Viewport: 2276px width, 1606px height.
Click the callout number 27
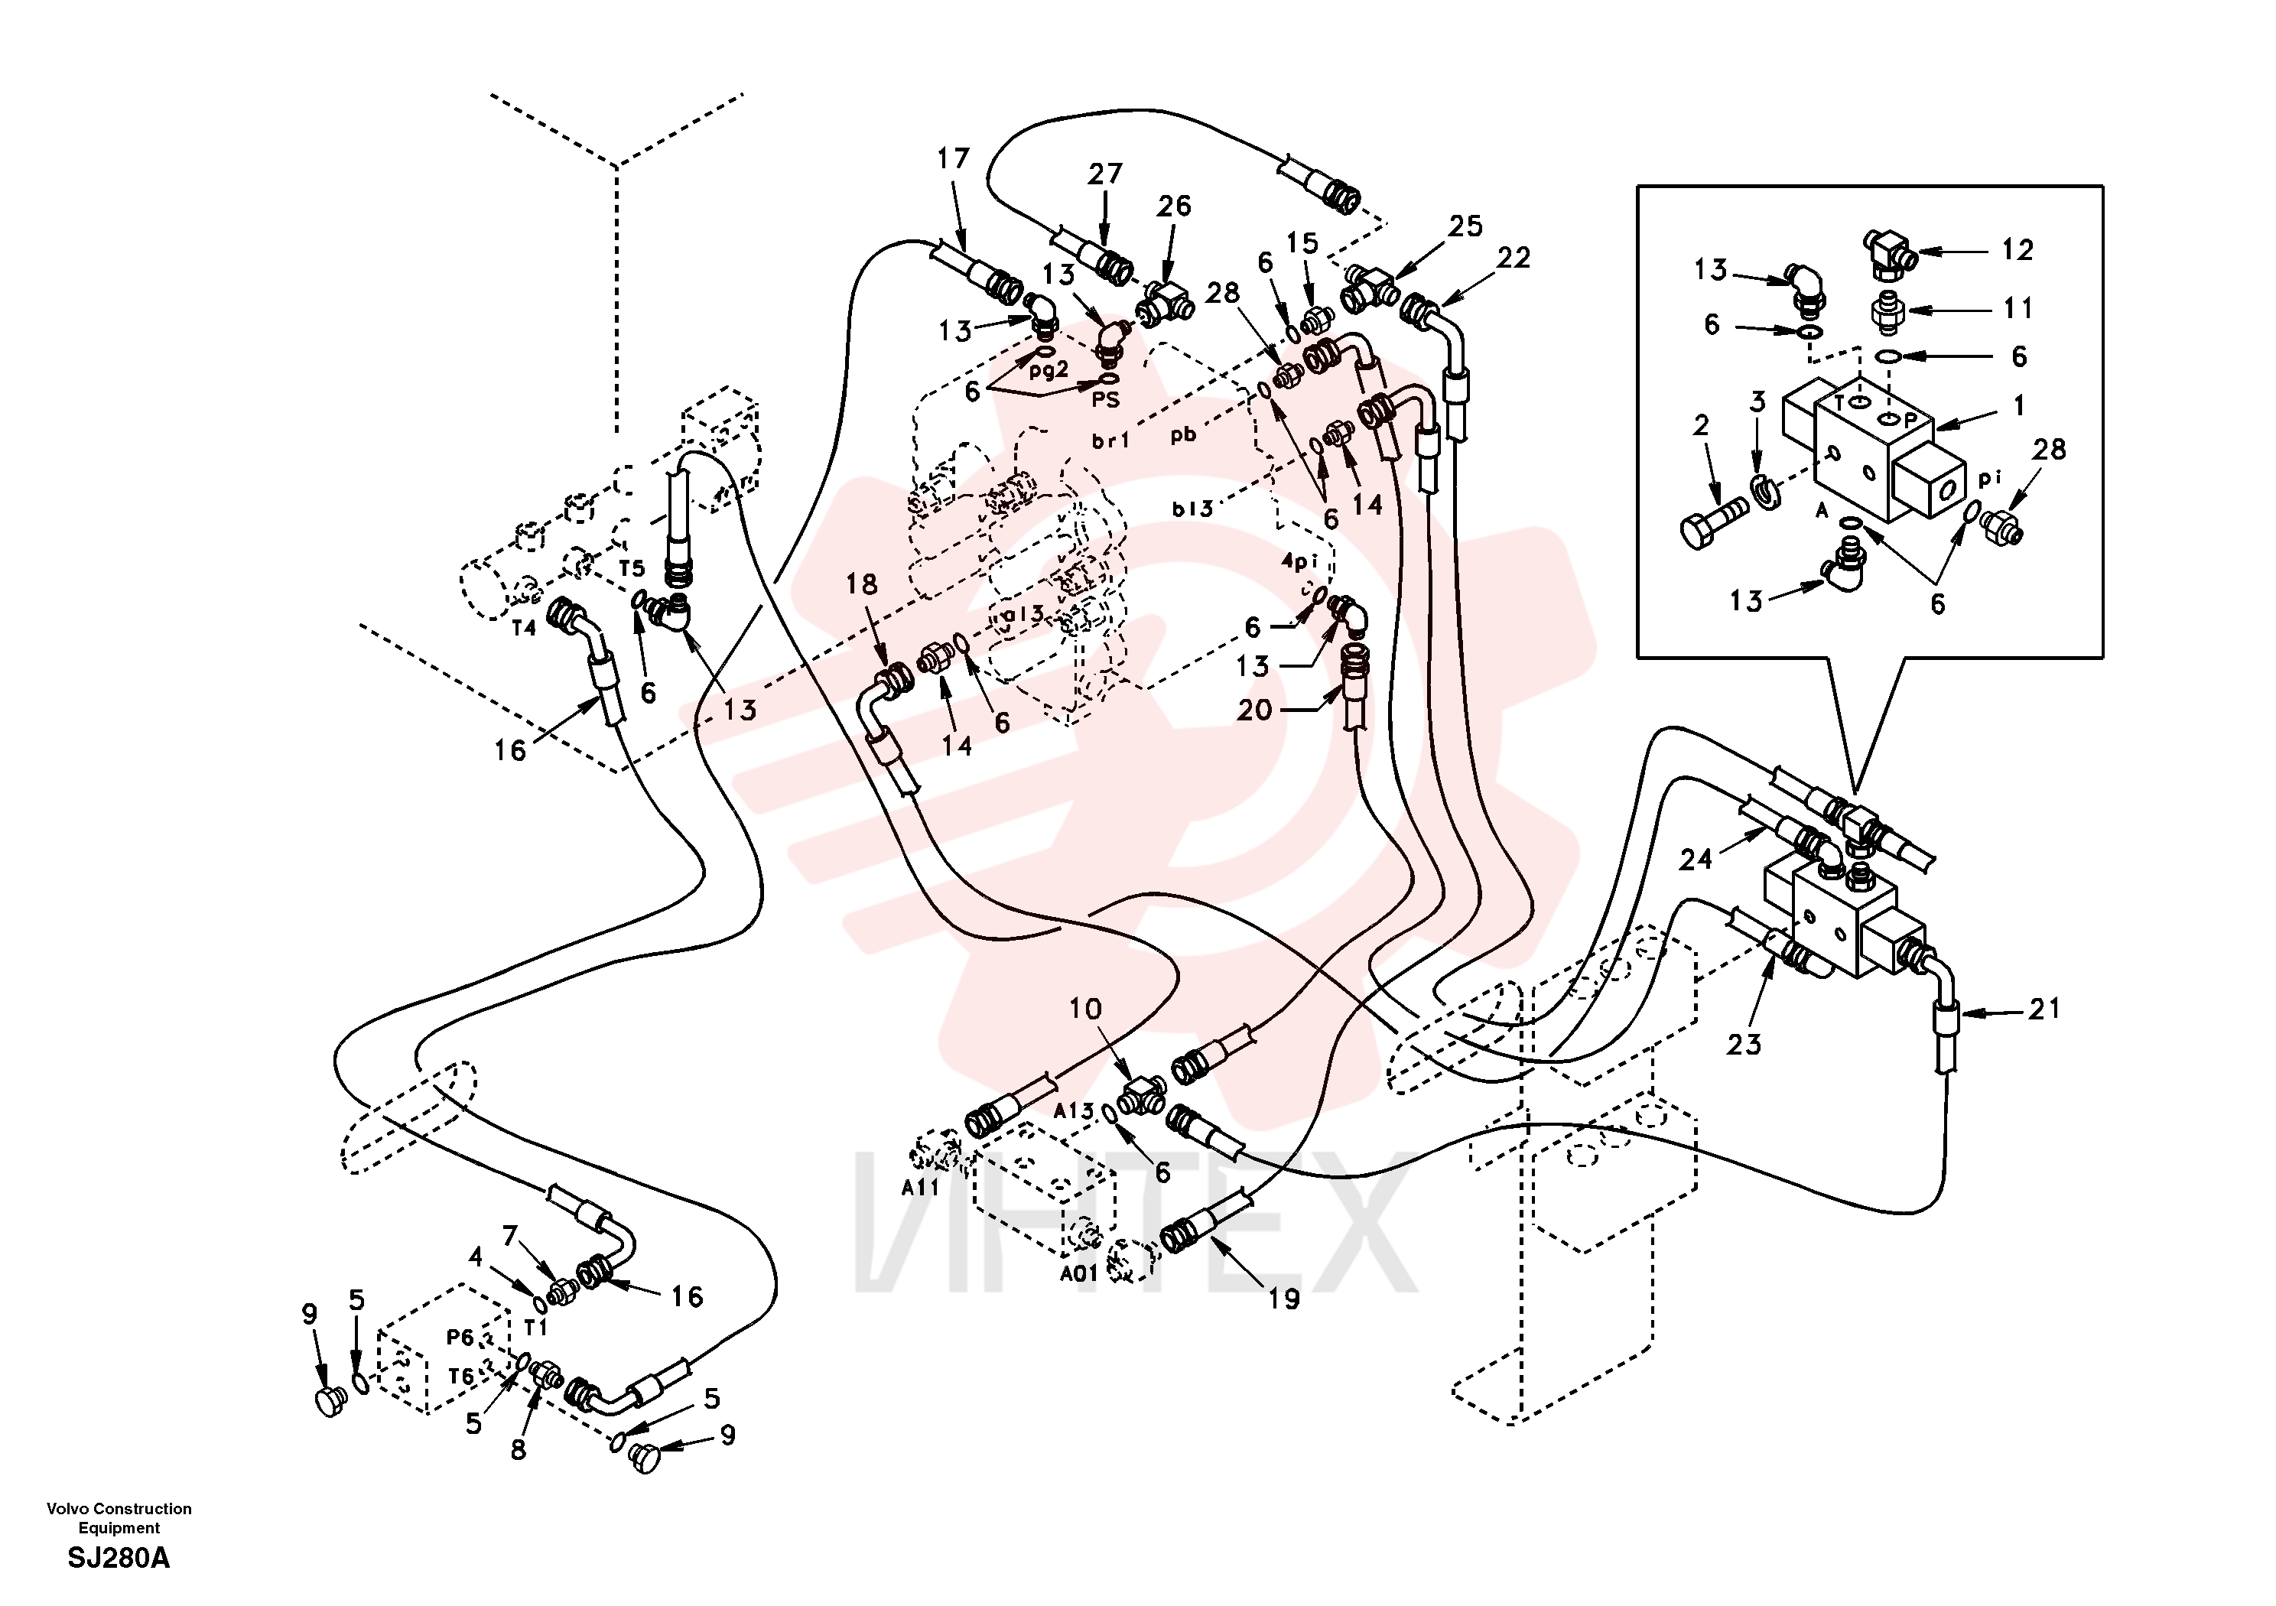[1104, 174]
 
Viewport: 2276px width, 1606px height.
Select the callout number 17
[953, 158]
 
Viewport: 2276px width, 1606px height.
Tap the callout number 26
[1174, 206]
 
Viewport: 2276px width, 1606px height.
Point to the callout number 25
[1465, 226]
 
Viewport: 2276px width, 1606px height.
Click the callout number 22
[1514, 258]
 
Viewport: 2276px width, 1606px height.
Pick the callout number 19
[1284, 1299]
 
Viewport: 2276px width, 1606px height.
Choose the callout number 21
[2044, 1009]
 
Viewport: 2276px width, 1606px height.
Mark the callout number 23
[1744, 1044]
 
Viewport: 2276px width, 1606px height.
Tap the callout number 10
[1085, 1009]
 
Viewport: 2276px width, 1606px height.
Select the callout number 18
[861, 584]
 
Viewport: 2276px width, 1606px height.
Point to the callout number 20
[1254, 710]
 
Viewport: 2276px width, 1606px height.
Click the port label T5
[632, 568]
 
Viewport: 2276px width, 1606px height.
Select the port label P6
[460, 1338]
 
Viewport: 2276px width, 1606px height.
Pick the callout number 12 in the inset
[2018, 250]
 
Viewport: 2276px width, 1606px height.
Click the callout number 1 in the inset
[2019, 405]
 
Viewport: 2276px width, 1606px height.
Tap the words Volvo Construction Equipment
[119, 1518]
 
